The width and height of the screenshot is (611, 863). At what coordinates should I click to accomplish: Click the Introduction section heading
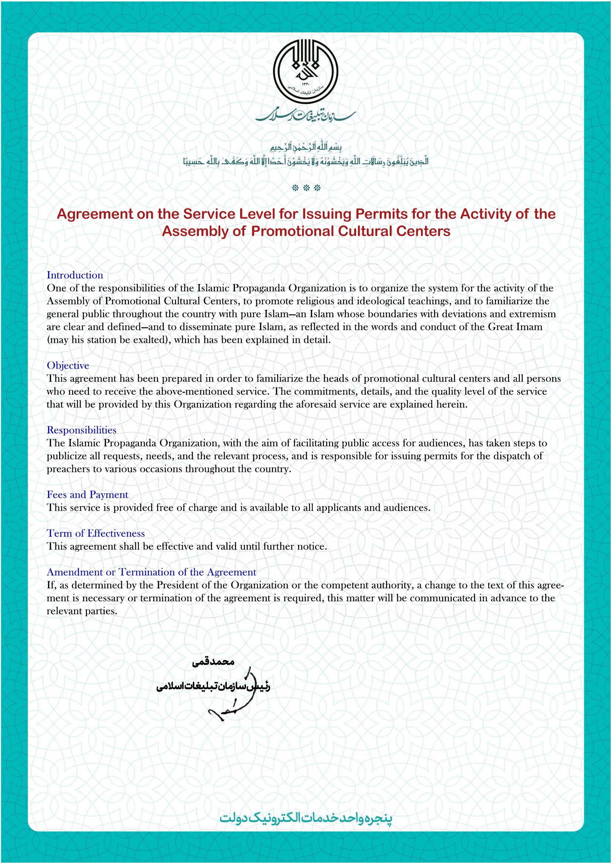[75, 275]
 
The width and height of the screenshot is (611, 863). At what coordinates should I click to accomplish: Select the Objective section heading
[68, 365]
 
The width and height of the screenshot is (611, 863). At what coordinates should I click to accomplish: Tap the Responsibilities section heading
[81, 430]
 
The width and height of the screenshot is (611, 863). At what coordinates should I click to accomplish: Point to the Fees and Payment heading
[87, 495]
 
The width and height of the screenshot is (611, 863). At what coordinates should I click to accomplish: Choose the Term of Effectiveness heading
[96, 534]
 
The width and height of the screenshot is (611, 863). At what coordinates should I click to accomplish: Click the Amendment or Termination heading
[151, 572]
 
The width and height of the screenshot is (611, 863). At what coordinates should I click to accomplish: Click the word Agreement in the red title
[95, 214]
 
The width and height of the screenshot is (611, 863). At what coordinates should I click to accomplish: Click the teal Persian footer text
[306, 818]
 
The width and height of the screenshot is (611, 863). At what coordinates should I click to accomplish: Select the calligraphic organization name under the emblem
[305, 116]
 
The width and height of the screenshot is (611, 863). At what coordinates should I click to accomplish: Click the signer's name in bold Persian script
[213, 662]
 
